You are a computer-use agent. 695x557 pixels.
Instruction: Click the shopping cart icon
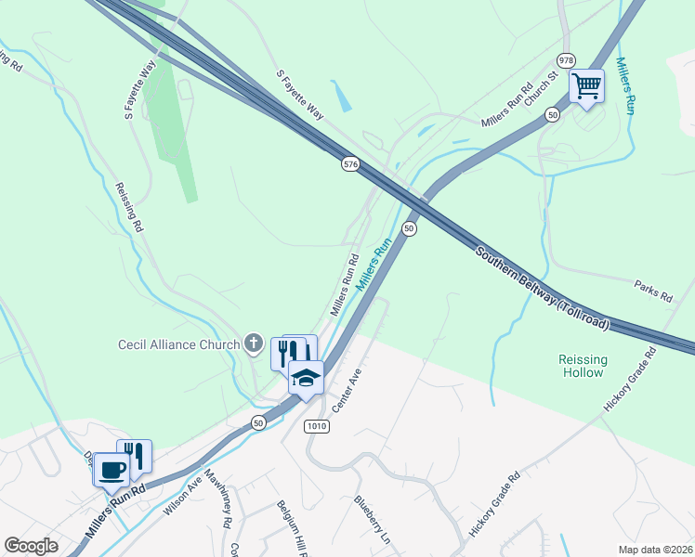(586, 86)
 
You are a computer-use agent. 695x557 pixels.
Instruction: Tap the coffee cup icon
(112, 470)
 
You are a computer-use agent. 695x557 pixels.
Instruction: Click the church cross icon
(253, 344)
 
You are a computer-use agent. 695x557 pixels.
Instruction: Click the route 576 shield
(349, 164)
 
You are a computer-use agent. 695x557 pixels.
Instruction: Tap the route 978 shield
(567, 58)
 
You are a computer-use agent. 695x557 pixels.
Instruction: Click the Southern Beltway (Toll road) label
(543, 288)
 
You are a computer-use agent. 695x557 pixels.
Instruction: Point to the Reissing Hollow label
(583, 366)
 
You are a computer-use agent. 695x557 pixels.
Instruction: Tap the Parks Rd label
(653, 291)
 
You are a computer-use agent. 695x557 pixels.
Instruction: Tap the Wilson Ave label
(183, 496)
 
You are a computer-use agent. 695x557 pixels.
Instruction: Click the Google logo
(31, 546)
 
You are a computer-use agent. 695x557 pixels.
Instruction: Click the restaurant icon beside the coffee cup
(136, 456)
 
